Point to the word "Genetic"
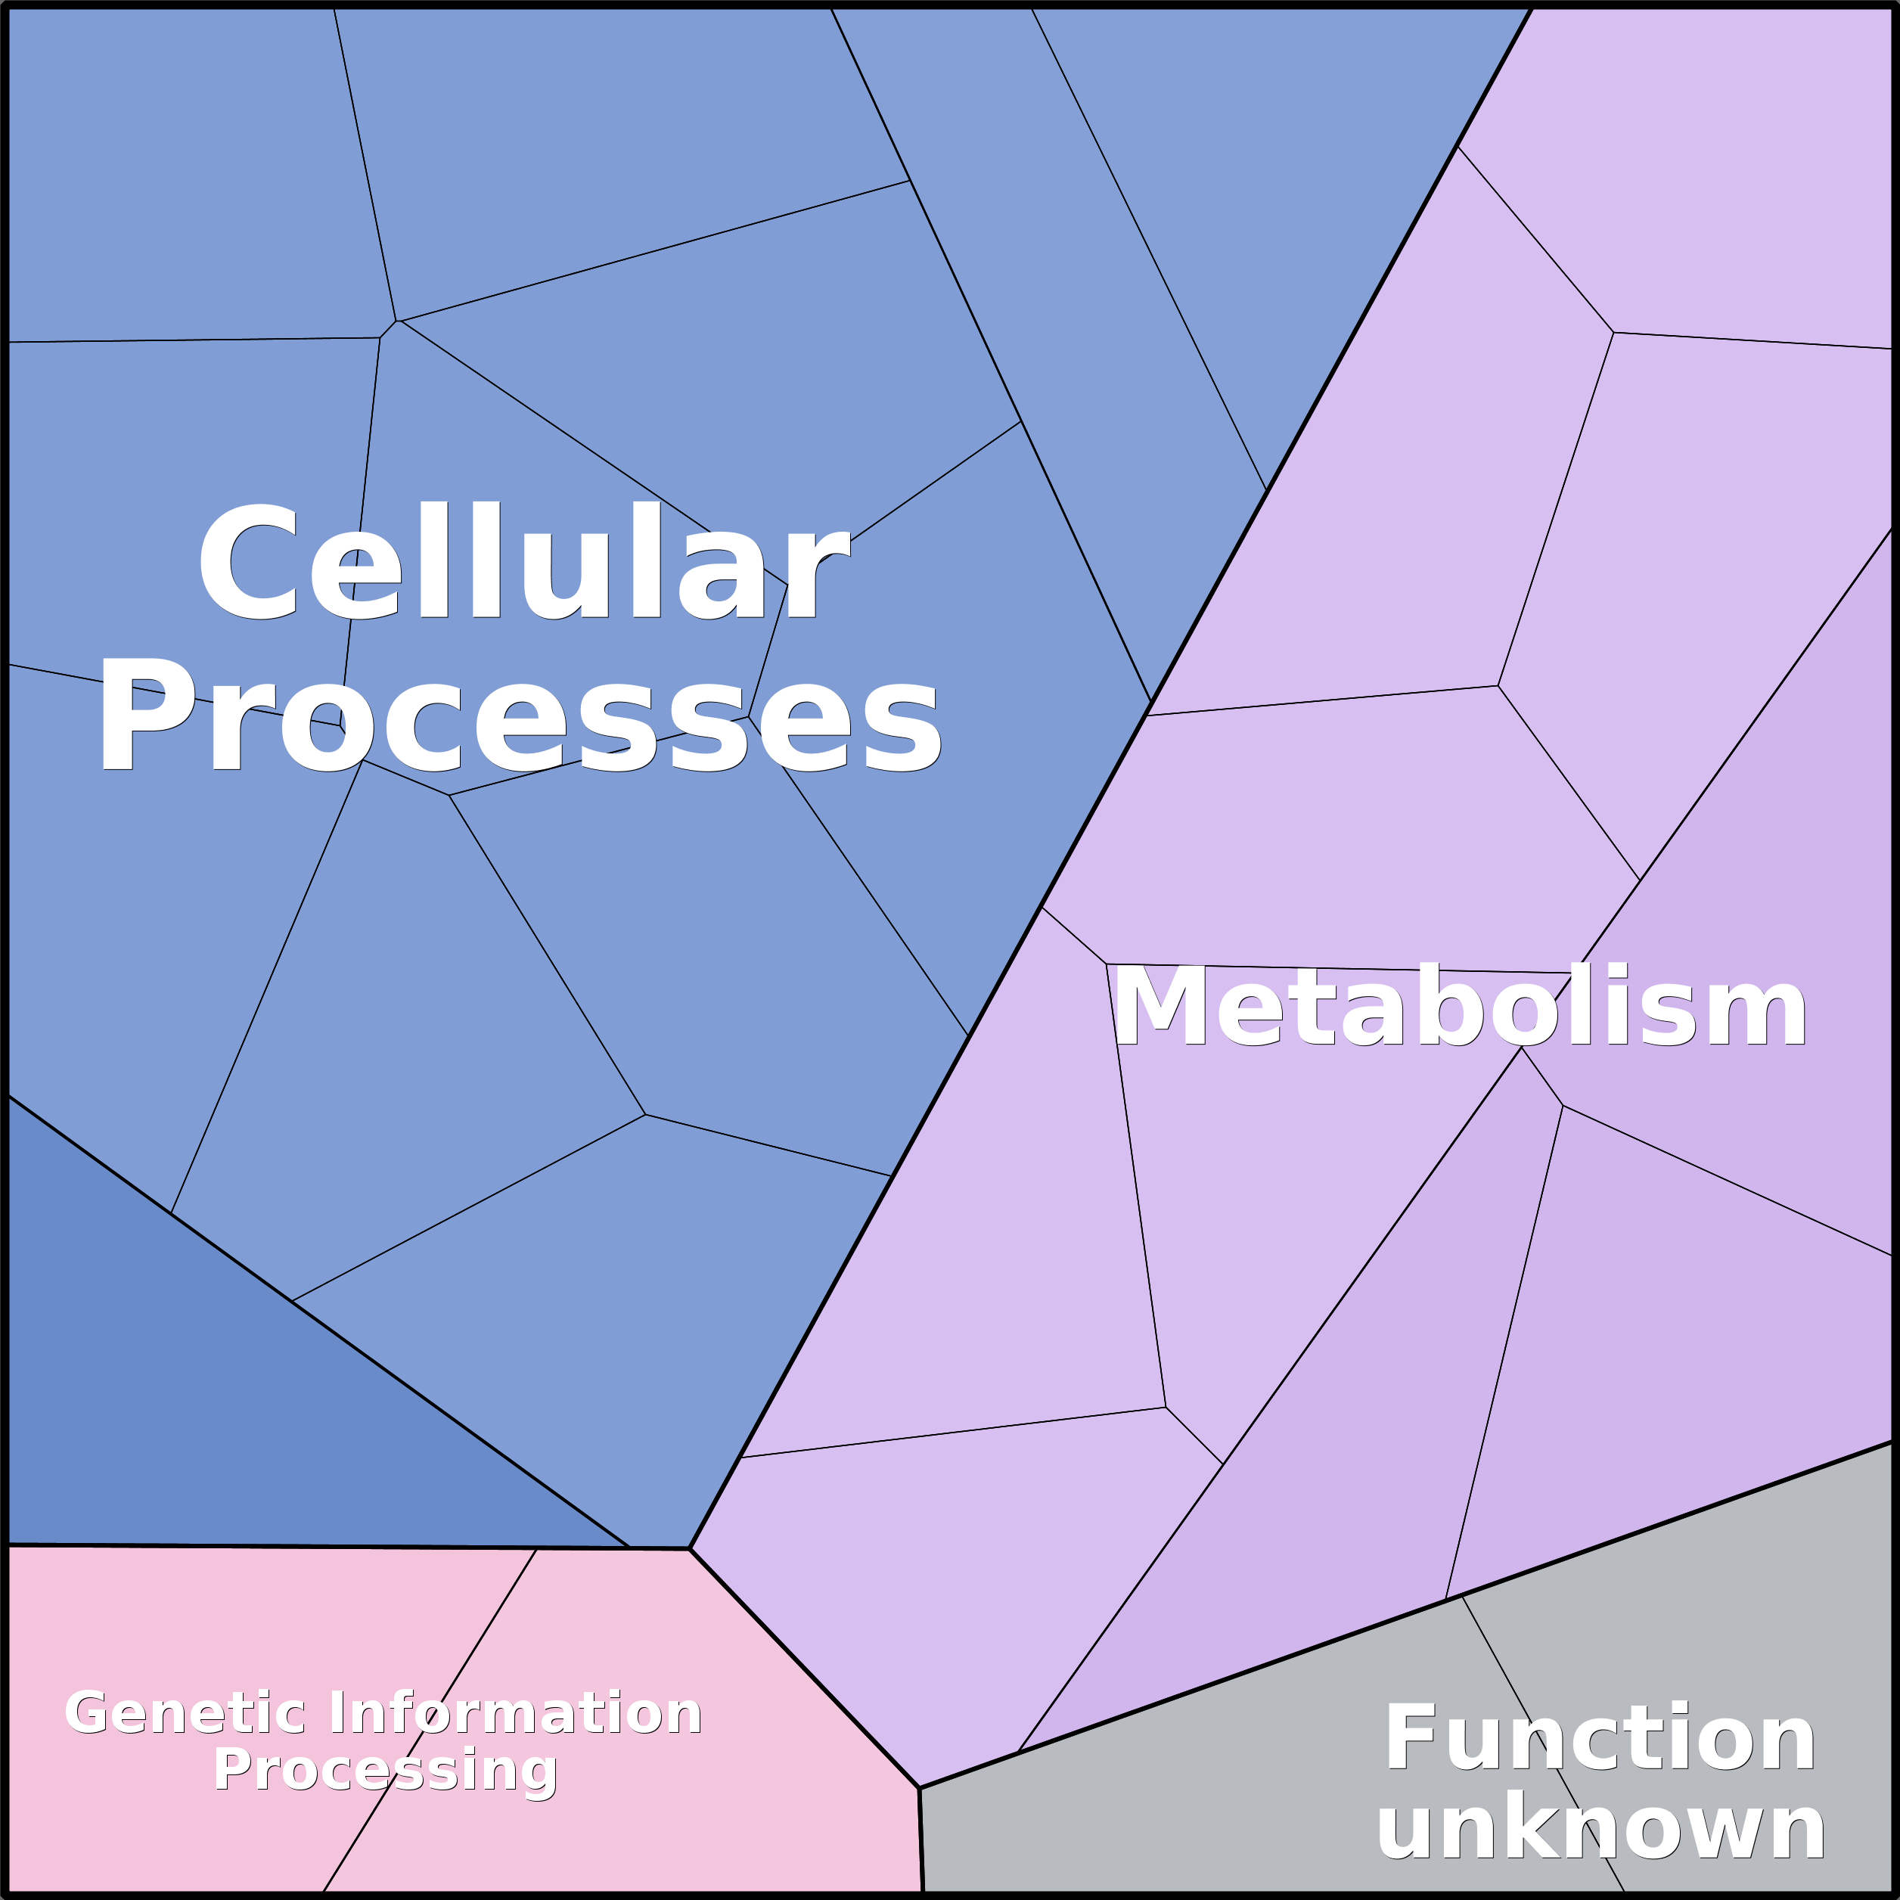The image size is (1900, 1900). click(185, 1713)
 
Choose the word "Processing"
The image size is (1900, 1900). click(386, 1772)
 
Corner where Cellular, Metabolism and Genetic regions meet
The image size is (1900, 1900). click(689, 1549)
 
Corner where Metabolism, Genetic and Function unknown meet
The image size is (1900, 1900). click(918, 1788)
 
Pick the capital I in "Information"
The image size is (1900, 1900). click(337, 1713)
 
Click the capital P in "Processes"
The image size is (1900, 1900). click(145, 715)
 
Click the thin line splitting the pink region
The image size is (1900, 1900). click(430, 1720)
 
